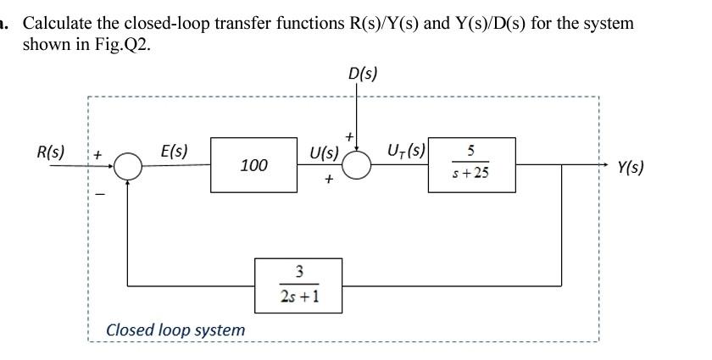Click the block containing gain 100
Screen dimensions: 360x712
[x=253, y=164]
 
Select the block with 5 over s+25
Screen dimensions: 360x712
[x=471, y=164]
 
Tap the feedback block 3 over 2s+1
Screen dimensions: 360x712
[x=298, y=285]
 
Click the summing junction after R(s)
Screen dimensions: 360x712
[x=128, y=165]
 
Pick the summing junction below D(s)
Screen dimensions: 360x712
[x=357, y=165]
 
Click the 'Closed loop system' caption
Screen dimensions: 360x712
[x=175, y=329]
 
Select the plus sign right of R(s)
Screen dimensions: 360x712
[x=97, y=156]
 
